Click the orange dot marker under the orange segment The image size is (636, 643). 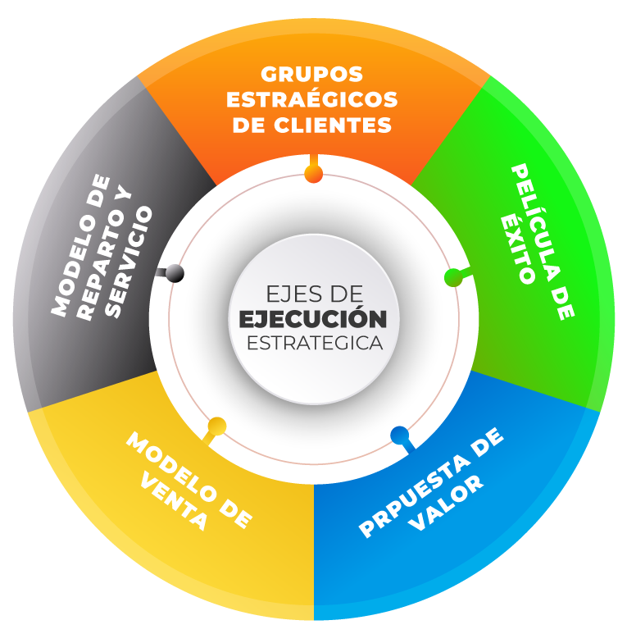coord(313,174)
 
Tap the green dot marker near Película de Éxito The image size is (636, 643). coord(452,277)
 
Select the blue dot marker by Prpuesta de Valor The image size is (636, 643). coord(400,435)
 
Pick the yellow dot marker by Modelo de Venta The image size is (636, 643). coord(217,426)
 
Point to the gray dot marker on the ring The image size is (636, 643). coord(175,273)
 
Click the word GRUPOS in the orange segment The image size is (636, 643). coord(312,75)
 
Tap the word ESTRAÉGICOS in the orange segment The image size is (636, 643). coord(312,100)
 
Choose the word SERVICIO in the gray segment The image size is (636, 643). coord(130,262)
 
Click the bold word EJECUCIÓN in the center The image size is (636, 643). coord(313,318)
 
